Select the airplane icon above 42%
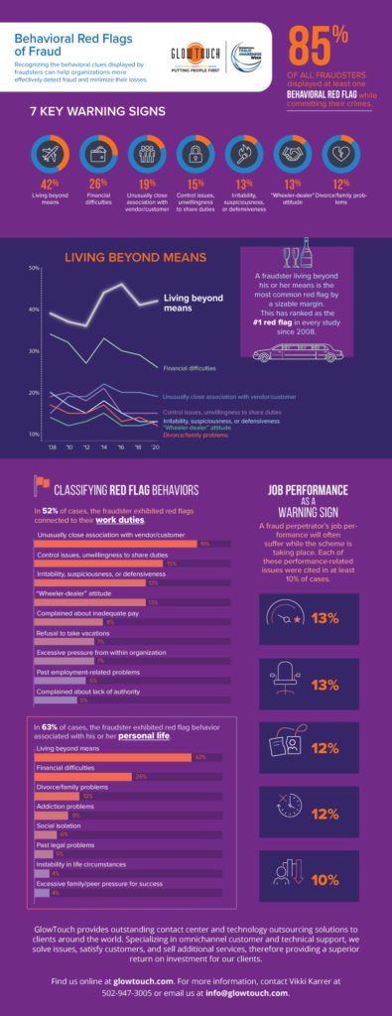[x=49, y=155]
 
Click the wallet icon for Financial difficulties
[x=98, y=155]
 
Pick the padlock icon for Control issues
[x=196, y=155]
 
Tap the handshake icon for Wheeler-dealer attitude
[x=292, y=155]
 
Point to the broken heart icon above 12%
[x=341, y=155]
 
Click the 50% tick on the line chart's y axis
[x=33, y=268]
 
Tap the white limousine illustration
[x=295, y=352]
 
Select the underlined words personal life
[x=148, y=737]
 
